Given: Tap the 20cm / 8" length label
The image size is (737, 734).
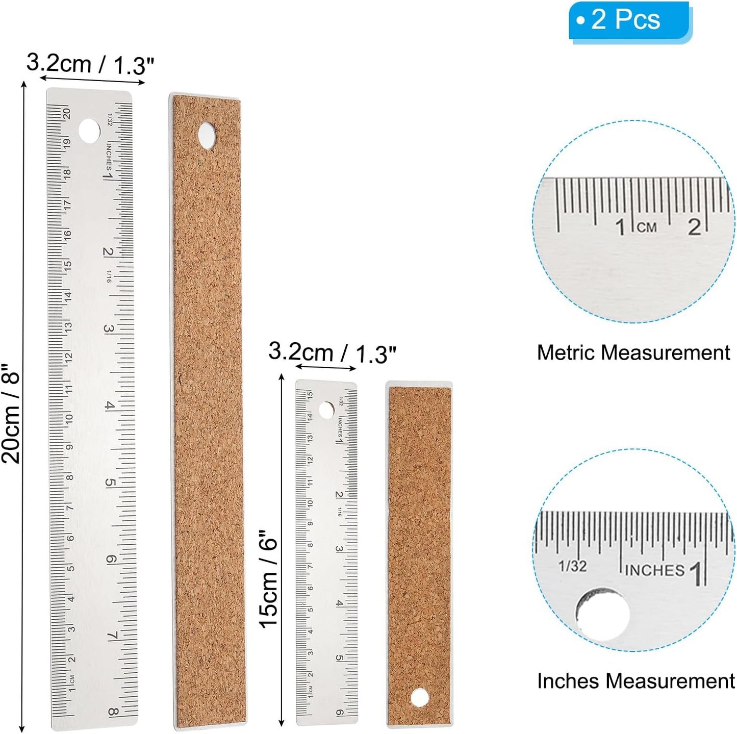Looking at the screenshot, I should (x=11, y=413).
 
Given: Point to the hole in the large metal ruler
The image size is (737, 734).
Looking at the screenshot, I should (x=89, y=131).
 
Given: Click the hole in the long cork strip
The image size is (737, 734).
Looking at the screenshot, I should (x=207, y=135).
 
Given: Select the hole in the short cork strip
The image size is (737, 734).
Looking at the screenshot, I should (x=419, y=697).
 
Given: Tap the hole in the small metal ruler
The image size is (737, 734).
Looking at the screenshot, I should (x=326, y=410).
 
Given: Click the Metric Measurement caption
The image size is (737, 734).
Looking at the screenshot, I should (x=633, y=352).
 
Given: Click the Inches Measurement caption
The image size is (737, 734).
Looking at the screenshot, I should (x=636, y=681).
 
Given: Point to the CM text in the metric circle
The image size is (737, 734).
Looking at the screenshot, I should (x=647, y=227).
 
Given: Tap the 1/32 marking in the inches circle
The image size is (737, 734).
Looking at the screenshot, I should (x=572, y=566).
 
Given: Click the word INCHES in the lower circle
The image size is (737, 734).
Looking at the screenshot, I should (x=655, y=570).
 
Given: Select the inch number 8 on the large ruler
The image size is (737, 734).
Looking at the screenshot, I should (x=113, y=713).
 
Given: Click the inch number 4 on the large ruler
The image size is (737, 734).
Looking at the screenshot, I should (x=109, y=406).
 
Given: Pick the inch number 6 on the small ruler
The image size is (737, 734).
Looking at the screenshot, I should (x=340, y=713).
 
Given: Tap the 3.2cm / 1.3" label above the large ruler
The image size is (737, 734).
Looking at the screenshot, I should (x=90, y=64).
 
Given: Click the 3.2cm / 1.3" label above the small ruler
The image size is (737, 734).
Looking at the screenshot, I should (x=332, y=352).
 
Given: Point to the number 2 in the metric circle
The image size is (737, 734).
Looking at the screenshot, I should (x=694, y=226).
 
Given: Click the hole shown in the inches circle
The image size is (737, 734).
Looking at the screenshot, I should (x=603, y=614).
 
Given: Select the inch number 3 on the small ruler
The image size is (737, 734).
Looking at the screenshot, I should (x=339, y=549).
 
